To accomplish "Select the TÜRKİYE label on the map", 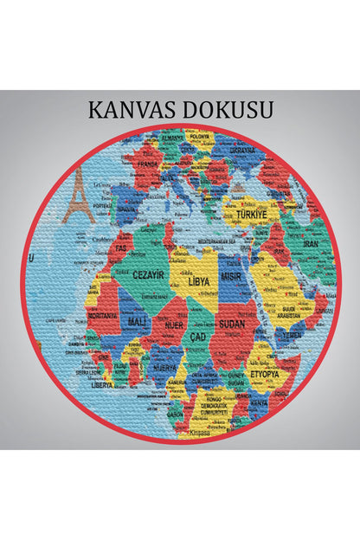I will click(250, 210).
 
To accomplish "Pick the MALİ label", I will click(138, 322).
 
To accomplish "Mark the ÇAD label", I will click(200, 336).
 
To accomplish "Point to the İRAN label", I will click(311, 244).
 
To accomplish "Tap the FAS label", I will click(123, 235).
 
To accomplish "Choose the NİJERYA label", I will click(164, 367).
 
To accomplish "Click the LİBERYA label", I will click(103, 384).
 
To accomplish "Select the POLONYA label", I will click(201, 136).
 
